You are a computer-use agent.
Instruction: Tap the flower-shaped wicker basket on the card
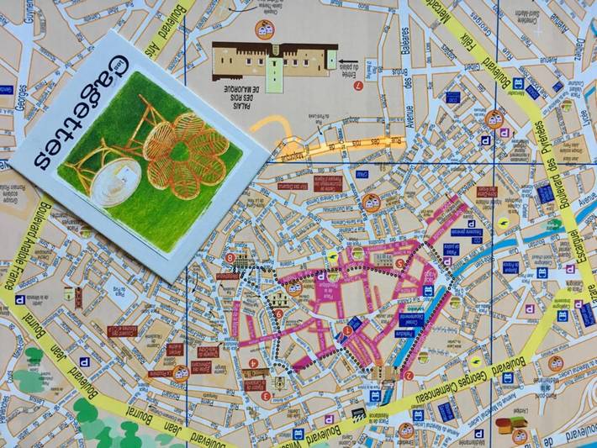(186, 151)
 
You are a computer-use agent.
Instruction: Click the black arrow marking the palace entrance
(332, 61)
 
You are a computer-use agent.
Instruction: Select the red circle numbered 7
(359, 85)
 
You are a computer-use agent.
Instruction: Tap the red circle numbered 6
(278, 314)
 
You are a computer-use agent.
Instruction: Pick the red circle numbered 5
(399, 263)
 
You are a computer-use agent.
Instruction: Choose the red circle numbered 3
(266, 396)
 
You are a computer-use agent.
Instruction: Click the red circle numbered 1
(347, 330)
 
